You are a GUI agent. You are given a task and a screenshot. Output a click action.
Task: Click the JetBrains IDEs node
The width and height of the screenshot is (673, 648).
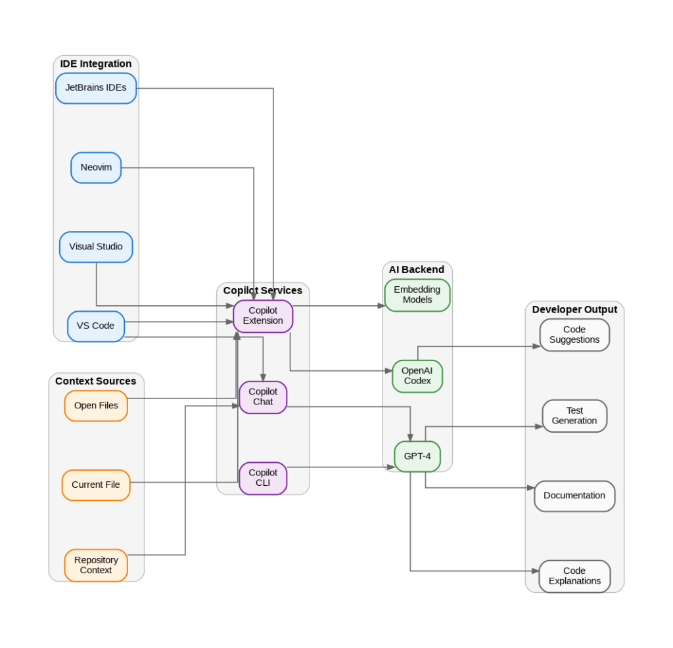(96, 88)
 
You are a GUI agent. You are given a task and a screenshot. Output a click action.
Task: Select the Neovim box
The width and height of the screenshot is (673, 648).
(96, 167)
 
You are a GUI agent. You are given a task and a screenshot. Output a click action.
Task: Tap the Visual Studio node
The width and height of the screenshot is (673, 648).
(96, 247)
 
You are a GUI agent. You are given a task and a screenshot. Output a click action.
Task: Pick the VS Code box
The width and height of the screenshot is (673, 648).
(96, 326)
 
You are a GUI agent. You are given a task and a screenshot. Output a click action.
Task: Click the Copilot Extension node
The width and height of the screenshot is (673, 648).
(263, 316)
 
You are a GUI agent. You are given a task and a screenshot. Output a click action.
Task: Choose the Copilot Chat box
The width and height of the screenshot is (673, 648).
(263, 397)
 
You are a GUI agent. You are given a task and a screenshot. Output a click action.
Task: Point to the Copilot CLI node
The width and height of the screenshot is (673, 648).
(263, 478)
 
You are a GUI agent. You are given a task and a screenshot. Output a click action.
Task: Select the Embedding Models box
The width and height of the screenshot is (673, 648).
(417, 295)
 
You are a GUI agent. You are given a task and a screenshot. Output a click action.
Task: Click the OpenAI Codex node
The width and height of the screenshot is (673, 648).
(417, 376)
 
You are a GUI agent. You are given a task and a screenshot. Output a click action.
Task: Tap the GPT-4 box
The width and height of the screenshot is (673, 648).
(417, 456)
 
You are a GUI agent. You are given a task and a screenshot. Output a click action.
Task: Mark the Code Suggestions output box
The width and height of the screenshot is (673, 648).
(574, 335)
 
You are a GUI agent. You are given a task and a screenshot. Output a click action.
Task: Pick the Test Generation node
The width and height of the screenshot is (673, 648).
(574, 416)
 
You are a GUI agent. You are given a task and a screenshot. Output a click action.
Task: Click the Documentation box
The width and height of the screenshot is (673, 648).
(574, 496)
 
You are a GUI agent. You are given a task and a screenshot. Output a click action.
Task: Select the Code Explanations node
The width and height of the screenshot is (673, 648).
(574, 576)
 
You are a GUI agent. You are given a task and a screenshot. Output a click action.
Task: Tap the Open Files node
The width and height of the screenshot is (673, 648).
(96, 406)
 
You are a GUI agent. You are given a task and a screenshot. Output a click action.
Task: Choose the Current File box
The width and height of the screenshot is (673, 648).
(96, 485)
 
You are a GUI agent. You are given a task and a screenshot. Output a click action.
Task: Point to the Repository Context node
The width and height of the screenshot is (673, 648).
(96, 565)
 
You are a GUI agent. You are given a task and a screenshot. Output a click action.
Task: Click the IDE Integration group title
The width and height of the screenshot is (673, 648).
(96, 64)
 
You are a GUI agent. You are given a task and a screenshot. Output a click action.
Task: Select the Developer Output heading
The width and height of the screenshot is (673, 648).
(574, 310)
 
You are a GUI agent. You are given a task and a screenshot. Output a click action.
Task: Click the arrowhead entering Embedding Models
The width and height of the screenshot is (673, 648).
(381, 306)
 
